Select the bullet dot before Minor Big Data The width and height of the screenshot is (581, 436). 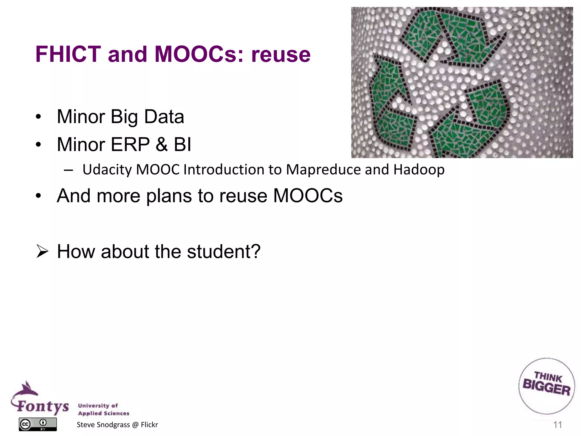point(39,117)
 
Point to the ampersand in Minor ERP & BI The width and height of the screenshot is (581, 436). point(161,144)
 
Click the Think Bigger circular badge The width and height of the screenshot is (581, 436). point(546,386)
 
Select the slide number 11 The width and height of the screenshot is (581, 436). point(557,425)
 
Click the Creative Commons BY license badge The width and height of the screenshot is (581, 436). point(38,424)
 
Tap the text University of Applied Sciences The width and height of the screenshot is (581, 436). point(104,409)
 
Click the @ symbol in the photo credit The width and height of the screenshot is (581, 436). point(135,425)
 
